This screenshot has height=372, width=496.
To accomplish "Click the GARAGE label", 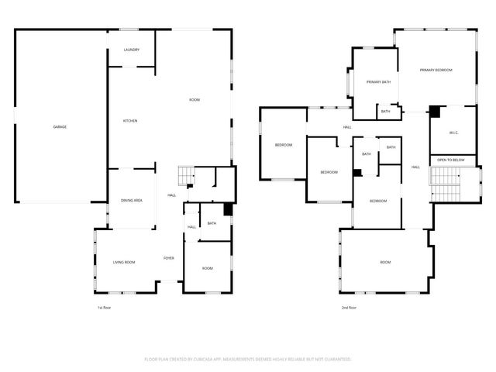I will point(60,126).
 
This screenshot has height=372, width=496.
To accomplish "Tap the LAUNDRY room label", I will point(132,50).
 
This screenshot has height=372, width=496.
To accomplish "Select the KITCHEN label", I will point(130,121).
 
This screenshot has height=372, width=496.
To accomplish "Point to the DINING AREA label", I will point(131,201).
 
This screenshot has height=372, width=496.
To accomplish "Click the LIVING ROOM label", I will point(124,263).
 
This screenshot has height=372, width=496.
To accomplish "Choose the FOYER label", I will point(168,258).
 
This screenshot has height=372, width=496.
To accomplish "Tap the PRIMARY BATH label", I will point(378,81).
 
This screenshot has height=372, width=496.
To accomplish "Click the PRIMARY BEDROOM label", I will point(436,71).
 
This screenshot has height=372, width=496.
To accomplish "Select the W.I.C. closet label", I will point(454,133).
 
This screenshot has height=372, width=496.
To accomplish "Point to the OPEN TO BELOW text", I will point(451,160).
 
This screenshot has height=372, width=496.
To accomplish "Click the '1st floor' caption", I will point(104,308).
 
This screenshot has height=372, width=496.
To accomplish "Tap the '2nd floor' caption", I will point(350,308).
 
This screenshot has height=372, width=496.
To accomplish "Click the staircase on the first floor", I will point(185,177).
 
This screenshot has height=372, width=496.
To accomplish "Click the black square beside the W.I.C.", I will point(435,112).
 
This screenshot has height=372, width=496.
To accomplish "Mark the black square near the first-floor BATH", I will point(228,209).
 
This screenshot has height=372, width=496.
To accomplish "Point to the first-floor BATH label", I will point(212,224).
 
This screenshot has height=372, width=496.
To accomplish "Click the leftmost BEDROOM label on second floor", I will point(283,145).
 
